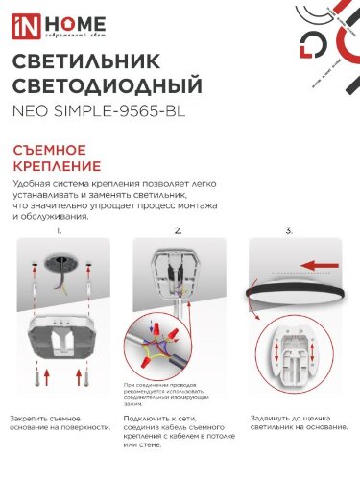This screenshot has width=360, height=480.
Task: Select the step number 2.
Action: click(178, 231)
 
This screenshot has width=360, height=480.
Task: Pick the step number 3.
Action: click(289, 231)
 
